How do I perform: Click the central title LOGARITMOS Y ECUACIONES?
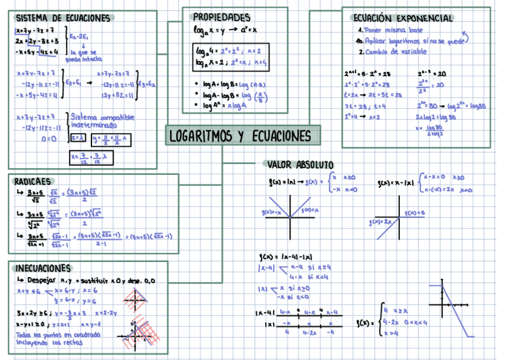[x=242, y=136]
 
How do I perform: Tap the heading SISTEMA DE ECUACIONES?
[x=63, y=18]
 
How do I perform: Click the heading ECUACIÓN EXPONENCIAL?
[x=402, y=18]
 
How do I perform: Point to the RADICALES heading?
[x=32, y=181]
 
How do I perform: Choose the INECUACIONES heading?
[x=43, y=268]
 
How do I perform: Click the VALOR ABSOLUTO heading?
[x=300, y=165]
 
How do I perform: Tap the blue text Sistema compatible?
[x=102, y=117]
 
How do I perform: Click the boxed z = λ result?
[x=78, y=138]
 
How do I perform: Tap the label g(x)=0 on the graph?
[x=414, y=213]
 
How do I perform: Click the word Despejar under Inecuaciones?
[x=40, y=280]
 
